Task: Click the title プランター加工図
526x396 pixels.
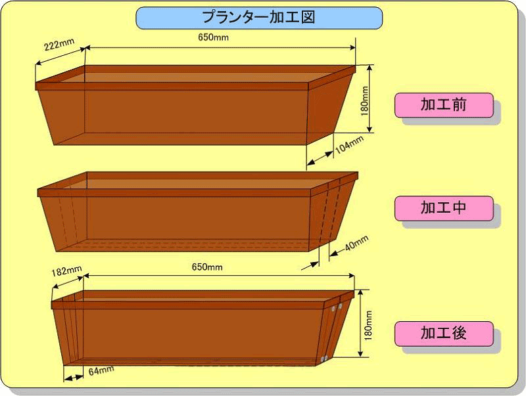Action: tap(258, 18)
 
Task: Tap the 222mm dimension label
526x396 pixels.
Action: tap(59, 44)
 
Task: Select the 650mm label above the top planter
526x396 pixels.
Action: tap(213, 37)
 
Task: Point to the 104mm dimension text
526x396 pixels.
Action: tap(349, 144)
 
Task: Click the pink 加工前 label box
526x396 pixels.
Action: tap(444, 105)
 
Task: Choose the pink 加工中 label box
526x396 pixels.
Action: tap(444, 208)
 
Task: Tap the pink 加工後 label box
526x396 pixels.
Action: tap(444, 334)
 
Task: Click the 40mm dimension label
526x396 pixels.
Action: tap(356, 243)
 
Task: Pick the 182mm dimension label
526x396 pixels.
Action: tap(66, 271)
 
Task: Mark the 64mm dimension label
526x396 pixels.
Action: tap(101, 370)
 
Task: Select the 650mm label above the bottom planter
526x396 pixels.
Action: tap(207, 267)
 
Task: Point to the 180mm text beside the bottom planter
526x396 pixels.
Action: tap(368, 325)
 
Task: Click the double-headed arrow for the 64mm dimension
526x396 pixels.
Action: tap(74, 378)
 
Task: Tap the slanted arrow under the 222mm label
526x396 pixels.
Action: tap(60, 56)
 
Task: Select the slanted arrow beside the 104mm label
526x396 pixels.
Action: tap(320, 158)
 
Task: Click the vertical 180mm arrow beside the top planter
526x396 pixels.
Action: tap(370, 99)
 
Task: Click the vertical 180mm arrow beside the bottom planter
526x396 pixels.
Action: tap(360, 323)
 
